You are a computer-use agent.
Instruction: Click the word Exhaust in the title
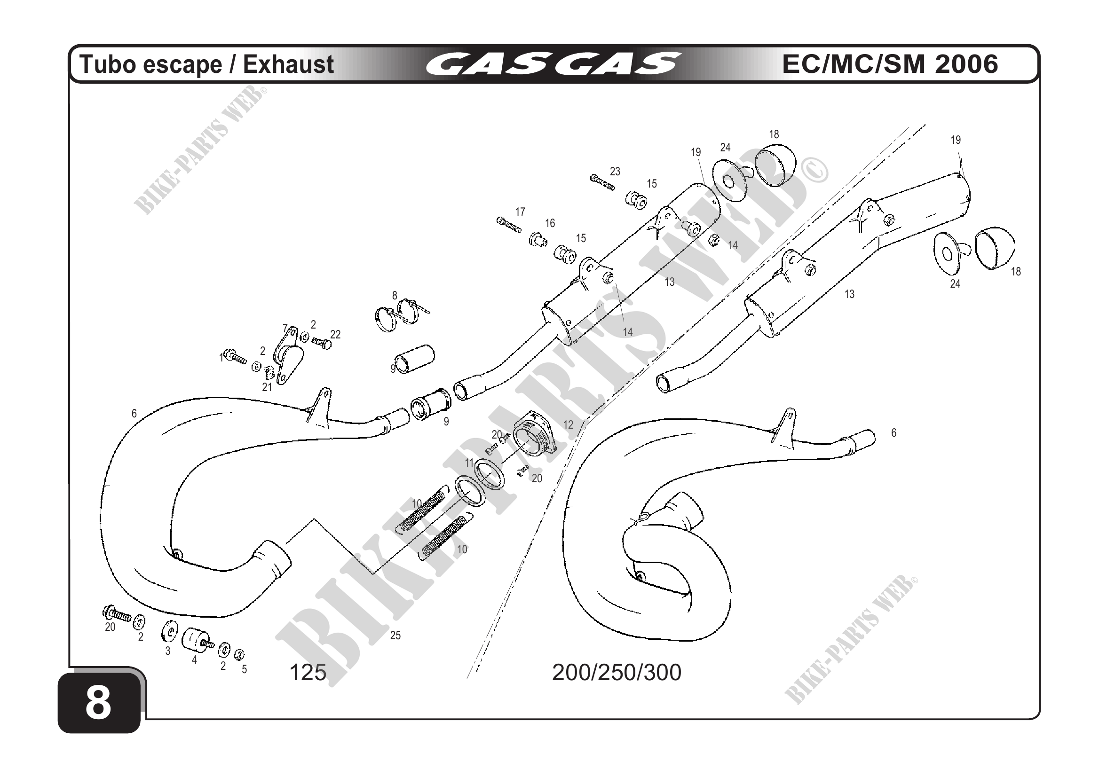(x=288, y=64)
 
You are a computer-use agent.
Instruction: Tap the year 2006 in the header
(x=966, y=64)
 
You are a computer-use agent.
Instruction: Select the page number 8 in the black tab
(x=98, y=704)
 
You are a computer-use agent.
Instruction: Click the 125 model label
(x=308, y=672)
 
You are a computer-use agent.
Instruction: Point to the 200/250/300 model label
(x=617, y=672)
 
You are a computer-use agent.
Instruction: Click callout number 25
(x=395, y=636)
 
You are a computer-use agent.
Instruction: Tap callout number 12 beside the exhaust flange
(x=568, y=424)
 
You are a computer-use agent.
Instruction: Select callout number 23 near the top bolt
(x=615, y=171)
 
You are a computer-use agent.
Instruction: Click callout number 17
(x=520, y=212)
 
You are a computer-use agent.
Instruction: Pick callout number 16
(x=550, y=223)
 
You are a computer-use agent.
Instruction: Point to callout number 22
(x=336, y=334)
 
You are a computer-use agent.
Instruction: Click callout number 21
(x=267, y=387)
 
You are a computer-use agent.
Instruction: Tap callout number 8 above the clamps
(x=395, y=295)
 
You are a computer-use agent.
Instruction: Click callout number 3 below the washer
(x=167, y=651)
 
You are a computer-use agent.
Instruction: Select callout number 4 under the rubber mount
(x=194, y=660)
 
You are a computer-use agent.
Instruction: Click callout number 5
(x=244, y=669)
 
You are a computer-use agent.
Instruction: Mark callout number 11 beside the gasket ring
(x=469, y=463)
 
